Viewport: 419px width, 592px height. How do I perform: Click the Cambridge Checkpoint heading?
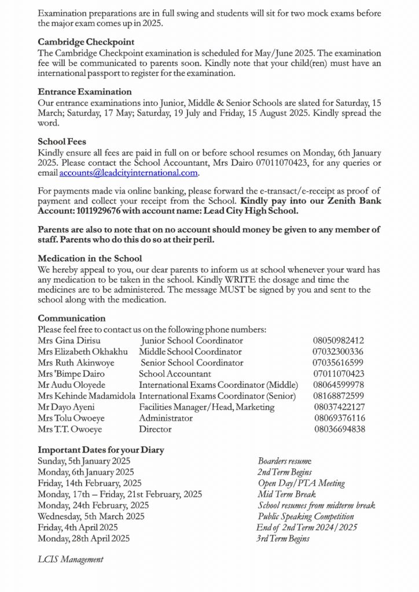point(86,42)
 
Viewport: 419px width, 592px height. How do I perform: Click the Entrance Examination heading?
point(84,91)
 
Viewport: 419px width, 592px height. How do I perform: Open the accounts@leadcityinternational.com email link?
point(129,173)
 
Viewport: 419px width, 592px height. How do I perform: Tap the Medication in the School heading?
point(90,258)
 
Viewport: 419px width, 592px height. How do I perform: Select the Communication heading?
point(72,319)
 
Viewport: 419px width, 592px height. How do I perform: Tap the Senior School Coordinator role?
point(192,363)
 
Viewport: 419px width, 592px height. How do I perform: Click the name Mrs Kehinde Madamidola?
point(87,396)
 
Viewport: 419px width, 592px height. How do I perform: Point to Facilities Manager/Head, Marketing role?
point(207,407)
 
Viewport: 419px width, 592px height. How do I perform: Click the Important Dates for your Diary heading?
point(101,450)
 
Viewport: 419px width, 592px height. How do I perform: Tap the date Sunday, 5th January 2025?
point(84,461)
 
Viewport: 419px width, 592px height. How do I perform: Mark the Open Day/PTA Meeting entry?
point(301,483)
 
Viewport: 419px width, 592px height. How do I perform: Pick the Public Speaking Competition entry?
point(306,516)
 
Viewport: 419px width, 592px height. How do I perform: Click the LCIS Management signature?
point(71,559)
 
